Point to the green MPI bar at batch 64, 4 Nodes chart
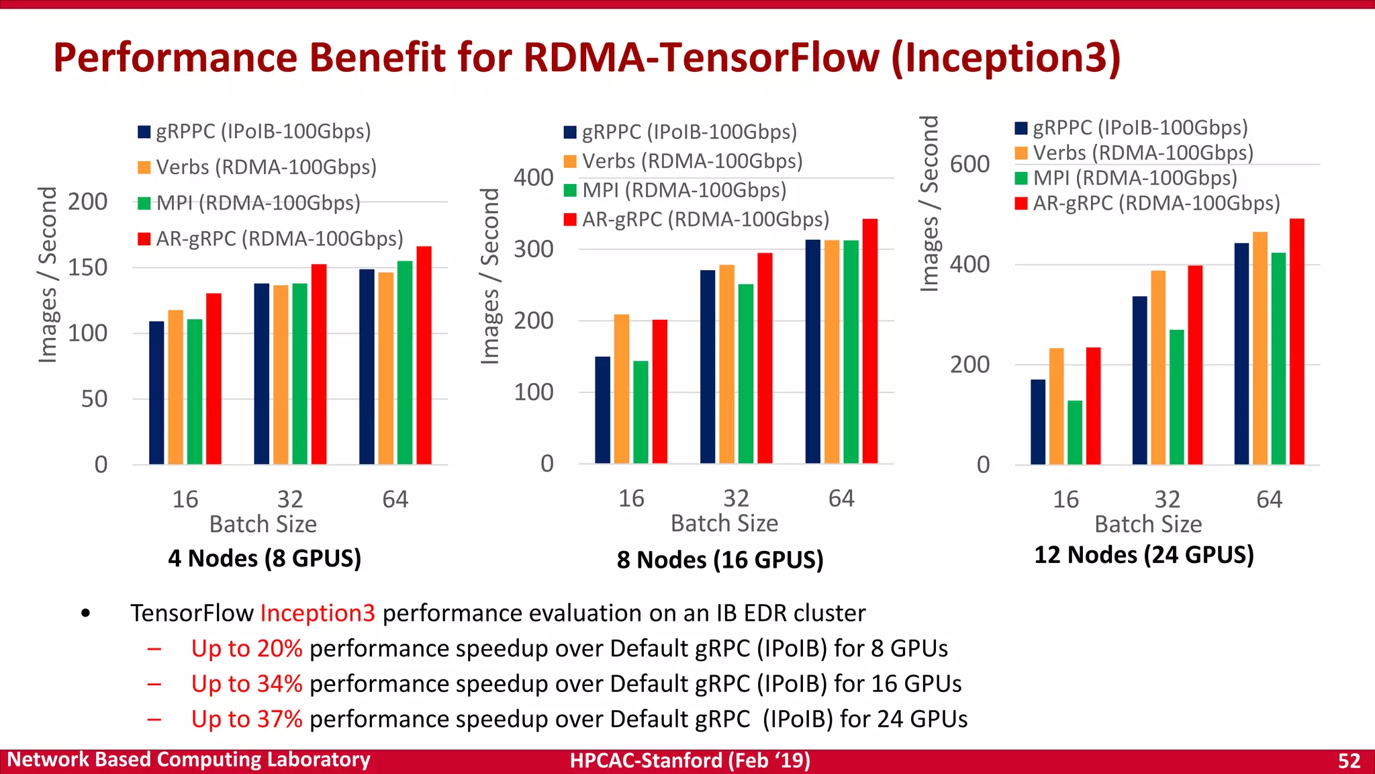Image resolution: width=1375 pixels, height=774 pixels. pyautogui.click(x=405, y=362)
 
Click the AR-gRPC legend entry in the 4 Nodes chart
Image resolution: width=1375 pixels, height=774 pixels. pyautogui.click(x=271, y=239)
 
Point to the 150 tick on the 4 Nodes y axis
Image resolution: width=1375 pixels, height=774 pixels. pyautogui.click(x=87, y=267)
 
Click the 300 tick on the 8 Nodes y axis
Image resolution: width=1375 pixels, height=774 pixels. pyautogui.click(x=534, y=249)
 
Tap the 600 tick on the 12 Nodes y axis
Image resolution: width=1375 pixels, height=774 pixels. pyautogui.click(x=969, y=164)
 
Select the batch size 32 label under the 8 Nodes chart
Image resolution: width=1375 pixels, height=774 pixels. pyautogui.click(x=736, y=499)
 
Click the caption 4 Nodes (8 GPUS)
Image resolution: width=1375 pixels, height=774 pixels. pyautogui.click(x=265, y=558)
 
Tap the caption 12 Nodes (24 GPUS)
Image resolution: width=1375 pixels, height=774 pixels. pyautogui.click(x=1143, y=555)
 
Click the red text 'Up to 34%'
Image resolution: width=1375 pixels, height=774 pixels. pyautogui.click(x=246, y=684)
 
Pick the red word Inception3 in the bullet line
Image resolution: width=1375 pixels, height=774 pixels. pyautogui.click(x=318, y=613)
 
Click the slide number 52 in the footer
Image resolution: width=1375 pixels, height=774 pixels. pyautogui.click(x=1349, y=761)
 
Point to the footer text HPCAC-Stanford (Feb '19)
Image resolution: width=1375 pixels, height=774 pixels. pyautogui.click(x=690, y=761)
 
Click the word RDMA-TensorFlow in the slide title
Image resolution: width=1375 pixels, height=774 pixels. pyautogui.click(x=701, y=58)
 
